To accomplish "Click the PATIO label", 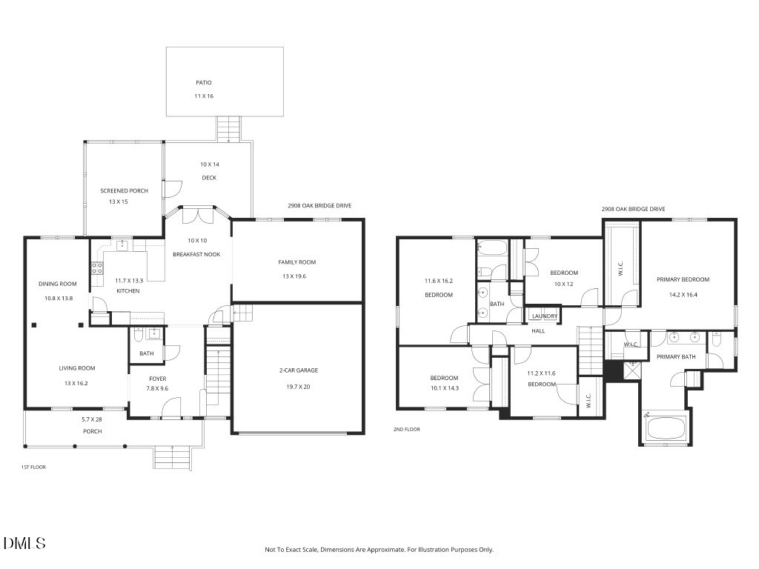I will [204, 83].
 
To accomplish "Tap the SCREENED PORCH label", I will [124, 191].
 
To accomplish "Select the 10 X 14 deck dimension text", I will [210, 164].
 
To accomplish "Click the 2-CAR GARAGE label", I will [298, 370].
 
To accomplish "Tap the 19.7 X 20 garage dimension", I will [298, 386].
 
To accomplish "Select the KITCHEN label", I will [127, 291].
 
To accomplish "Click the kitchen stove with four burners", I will [96, 269].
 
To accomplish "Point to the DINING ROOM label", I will [58, 284].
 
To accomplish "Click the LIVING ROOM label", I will [77, 368].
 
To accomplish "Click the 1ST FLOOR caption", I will [33, 467].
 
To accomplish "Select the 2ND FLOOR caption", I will [406, 429].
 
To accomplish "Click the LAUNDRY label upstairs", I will [544, 316].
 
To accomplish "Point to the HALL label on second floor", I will [538, 331].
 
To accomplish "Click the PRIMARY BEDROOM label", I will [683, 280].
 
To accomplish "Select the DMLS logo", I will [24, 543].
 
